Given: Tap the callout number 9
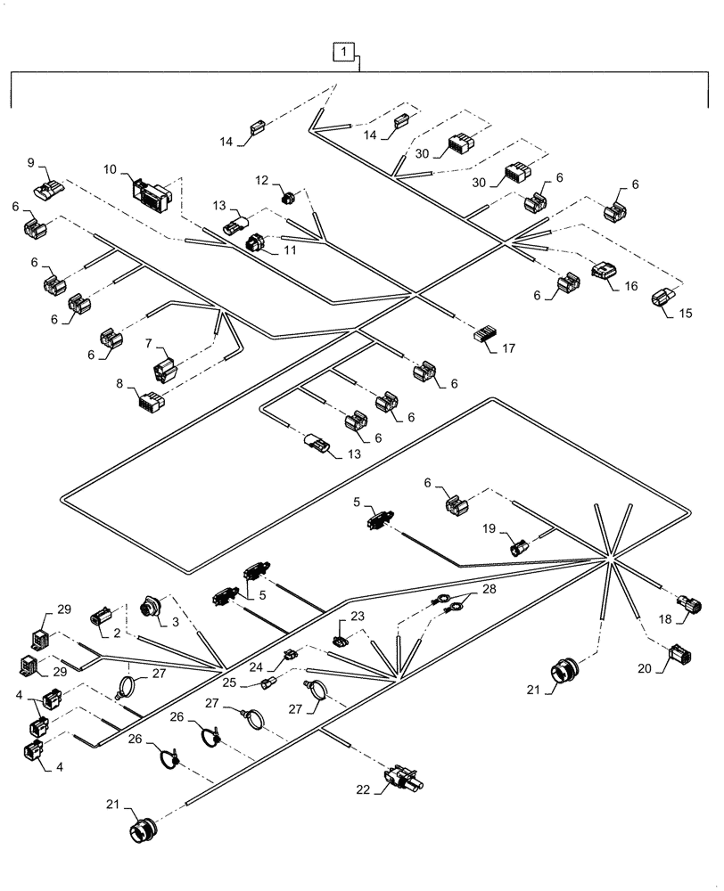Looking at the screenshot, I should (31, 164).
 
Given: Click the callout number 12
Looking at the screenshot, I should (261, 181).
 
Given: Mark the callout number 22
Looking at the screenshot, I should (363, 788).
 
